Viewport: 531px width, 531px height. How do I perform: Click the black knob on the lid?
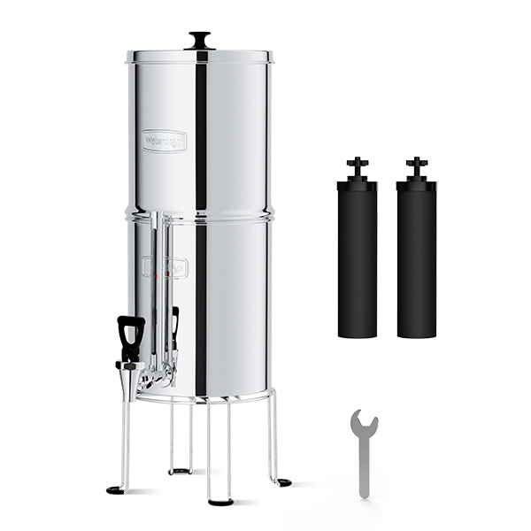click(201, 38)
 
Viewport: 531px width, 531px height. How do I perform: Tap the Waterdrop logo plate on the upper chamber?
click(165, 140)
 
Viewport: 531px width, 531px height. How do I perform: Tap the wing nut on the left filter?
click(357, 165)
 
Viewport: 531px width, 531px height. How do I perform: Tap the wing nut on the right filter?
click(416, 165)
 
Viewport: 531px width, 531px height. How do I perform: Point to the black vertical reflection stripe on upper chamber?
click(202, 133)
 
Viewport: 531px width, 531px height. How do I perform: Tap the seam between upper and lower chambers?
click(201, 213)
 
